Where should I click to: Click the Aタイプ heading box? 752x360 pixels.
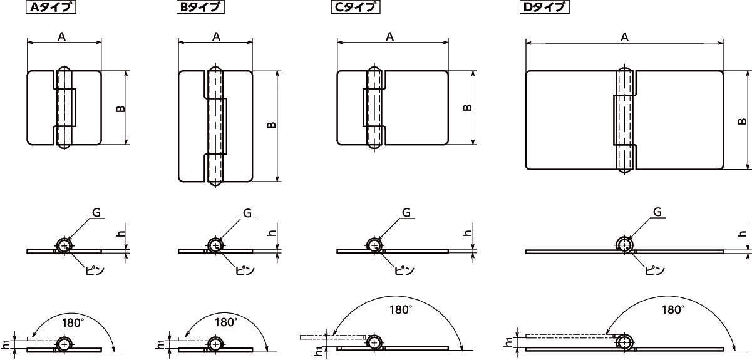51,8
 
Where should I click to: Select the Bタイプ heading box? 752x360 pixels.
200,8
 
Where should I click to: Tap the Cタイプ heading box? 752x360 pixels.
356,8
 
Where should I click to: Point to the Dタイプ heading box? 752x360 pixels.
545,8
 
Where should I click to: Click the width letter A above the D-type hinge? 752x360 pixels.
624,38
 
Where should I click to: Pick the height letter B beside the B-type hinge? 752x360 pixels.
271,125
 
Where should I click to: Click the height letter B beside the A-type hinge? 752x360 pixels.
120,108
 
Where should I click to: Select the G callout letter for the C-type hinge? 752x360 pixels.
406,213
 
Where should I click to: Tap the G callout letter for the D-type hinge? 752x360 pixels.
657,212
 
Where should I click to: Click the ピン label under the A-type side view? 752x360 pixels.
94,270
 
